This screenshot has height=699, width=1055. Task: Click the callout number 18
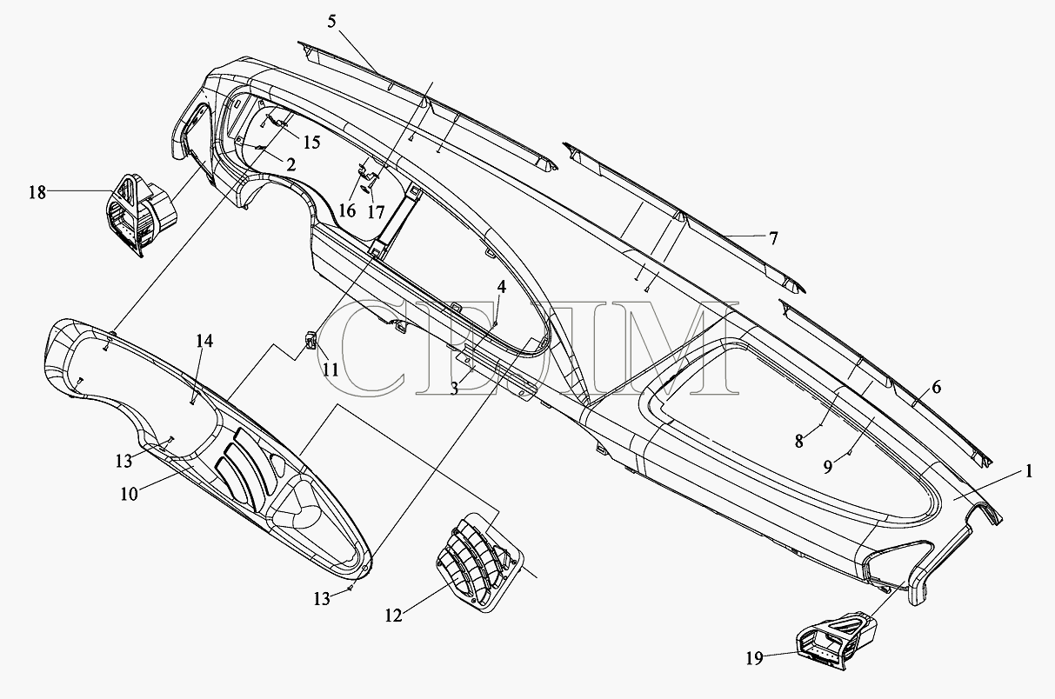[37, 192]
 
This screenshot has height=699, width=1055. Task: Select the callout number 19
[755, 658]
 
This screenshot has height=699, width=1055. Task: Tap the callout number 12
[394, 616]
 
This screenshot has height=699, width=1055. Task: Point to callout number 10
[129, 494]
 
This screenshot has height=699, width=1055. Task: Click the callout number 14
[204, 341]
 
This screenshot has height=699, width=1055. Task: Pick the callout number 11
[331, 370]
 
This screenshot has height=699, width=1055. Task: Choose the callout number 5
[331, 22]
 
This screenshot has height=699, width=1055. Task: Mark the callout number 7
[773, 238]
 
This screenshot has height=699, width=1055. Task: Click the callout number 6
[937, 388]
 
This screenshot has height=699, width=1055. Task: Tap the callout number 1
[1029, 471]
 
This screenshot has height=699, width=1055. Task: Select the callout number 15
[311, 143]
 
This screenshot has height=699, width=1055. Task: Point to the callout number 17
[376, 212]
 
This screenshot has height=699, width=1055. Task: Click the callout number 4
[502, 286]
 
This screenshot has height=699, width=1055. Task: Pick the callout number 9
[827, 467]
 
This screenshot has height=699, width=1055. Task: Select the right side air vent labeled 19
[837, 641]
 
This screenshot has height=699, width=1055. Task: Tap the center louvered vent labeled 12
[477, 563]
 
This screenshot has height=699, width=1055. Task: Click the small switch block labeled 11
[310, 340]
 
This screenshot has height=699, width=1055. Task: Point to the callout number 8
[798, 442]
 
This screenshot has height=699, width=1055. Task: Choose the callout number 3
[454, 389]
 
